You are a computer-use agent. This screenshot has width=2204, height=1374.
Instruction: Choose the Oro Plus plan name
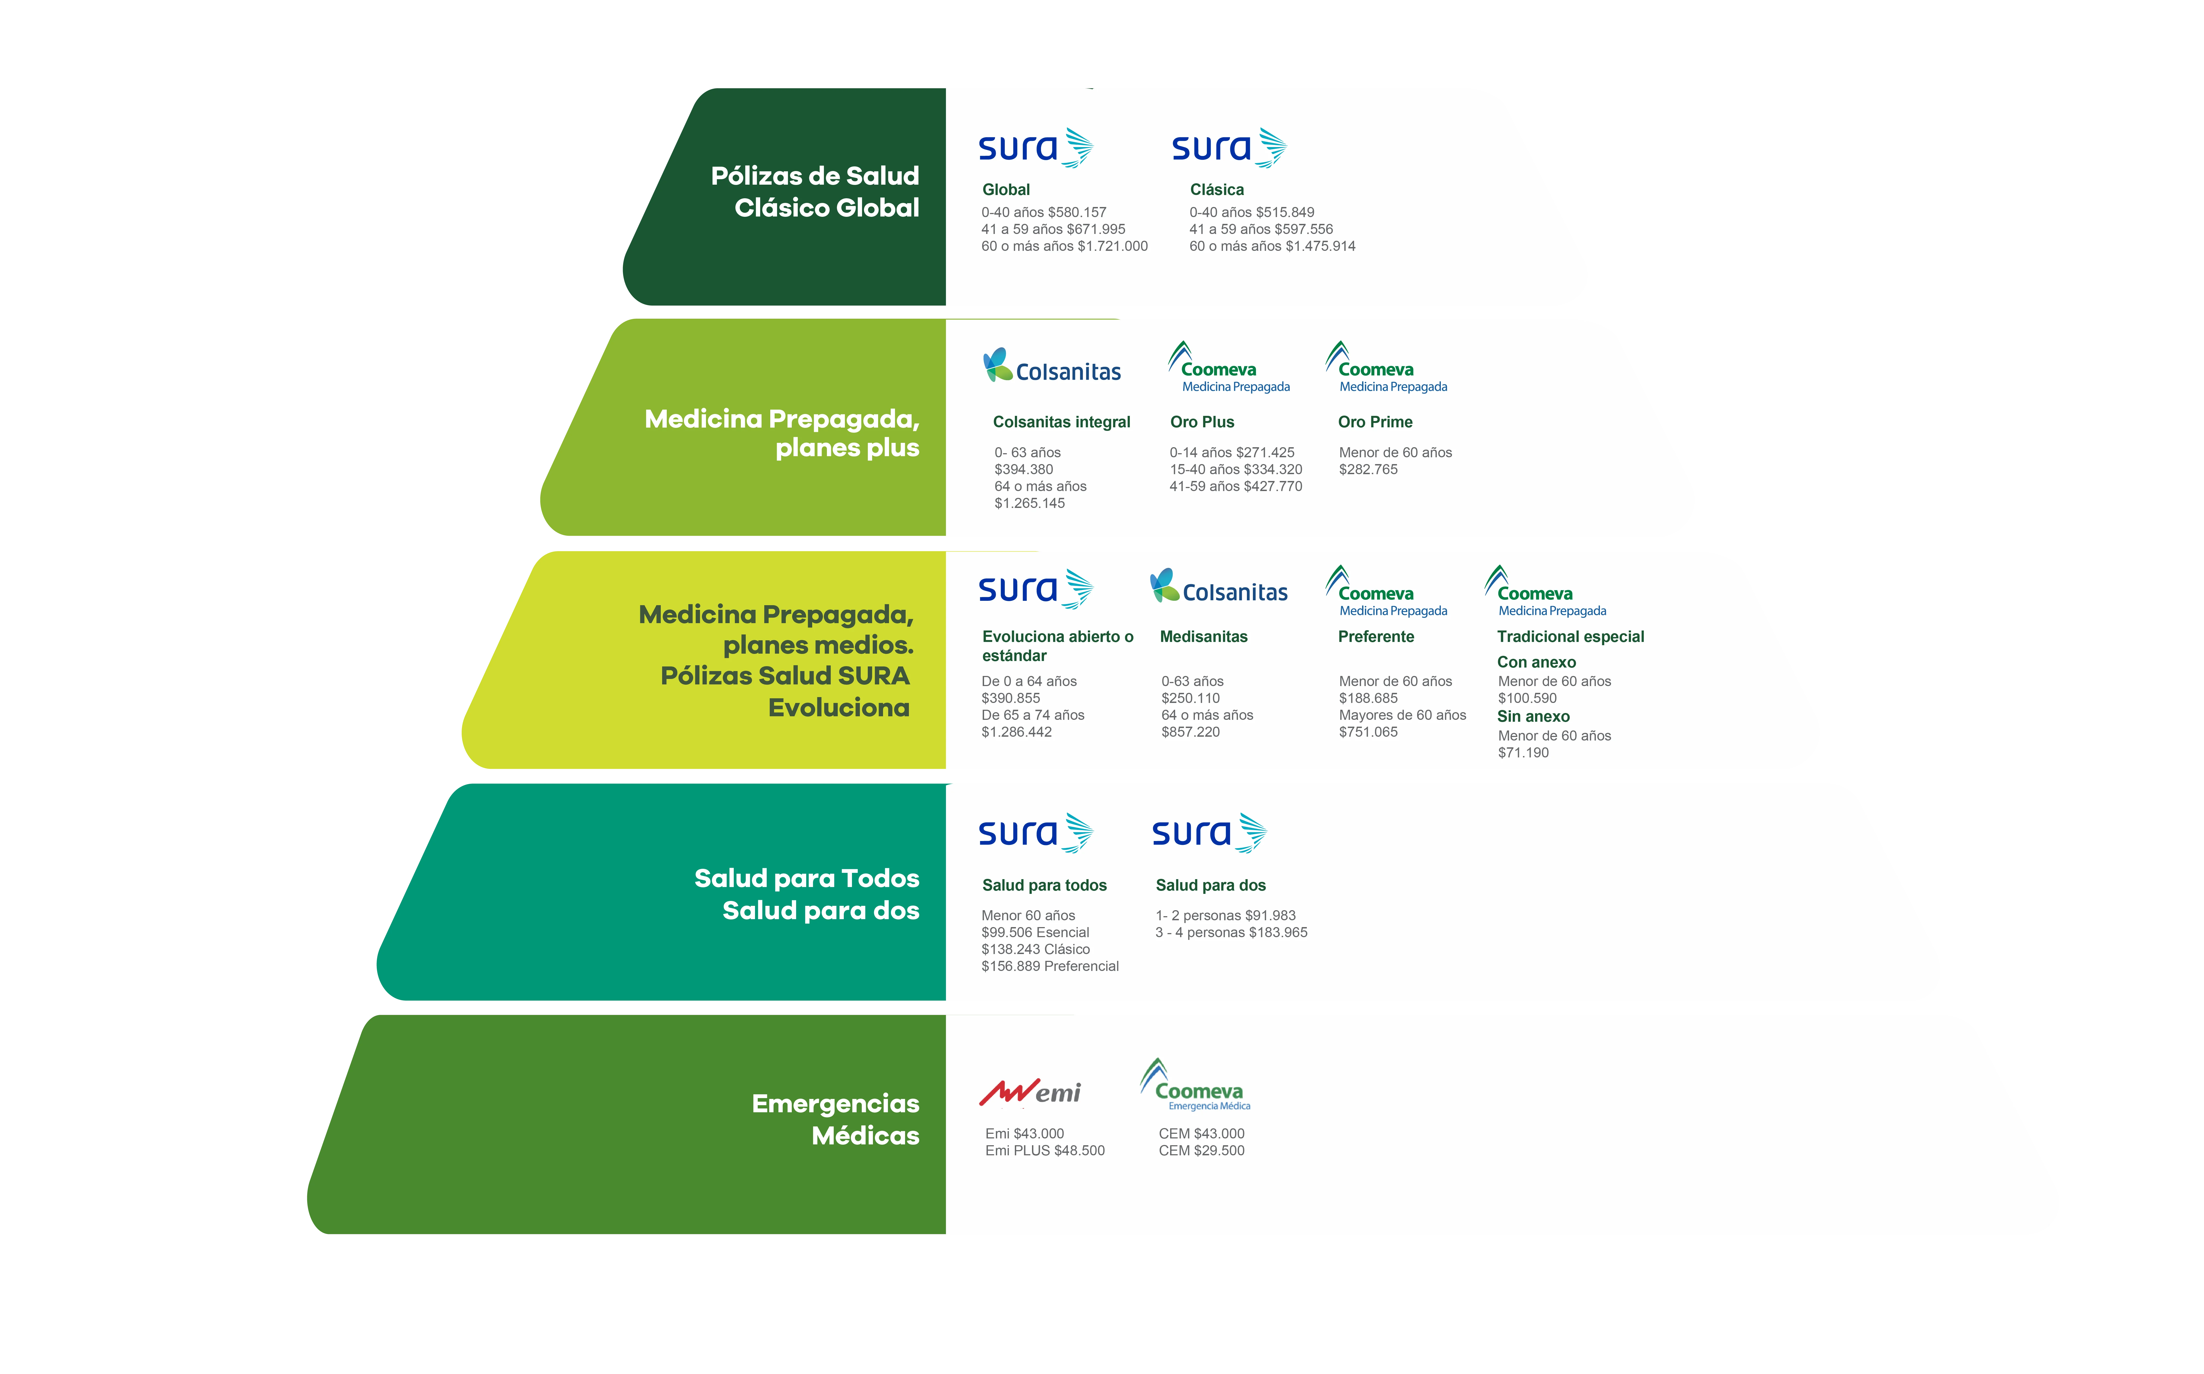pos(1201,422)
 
